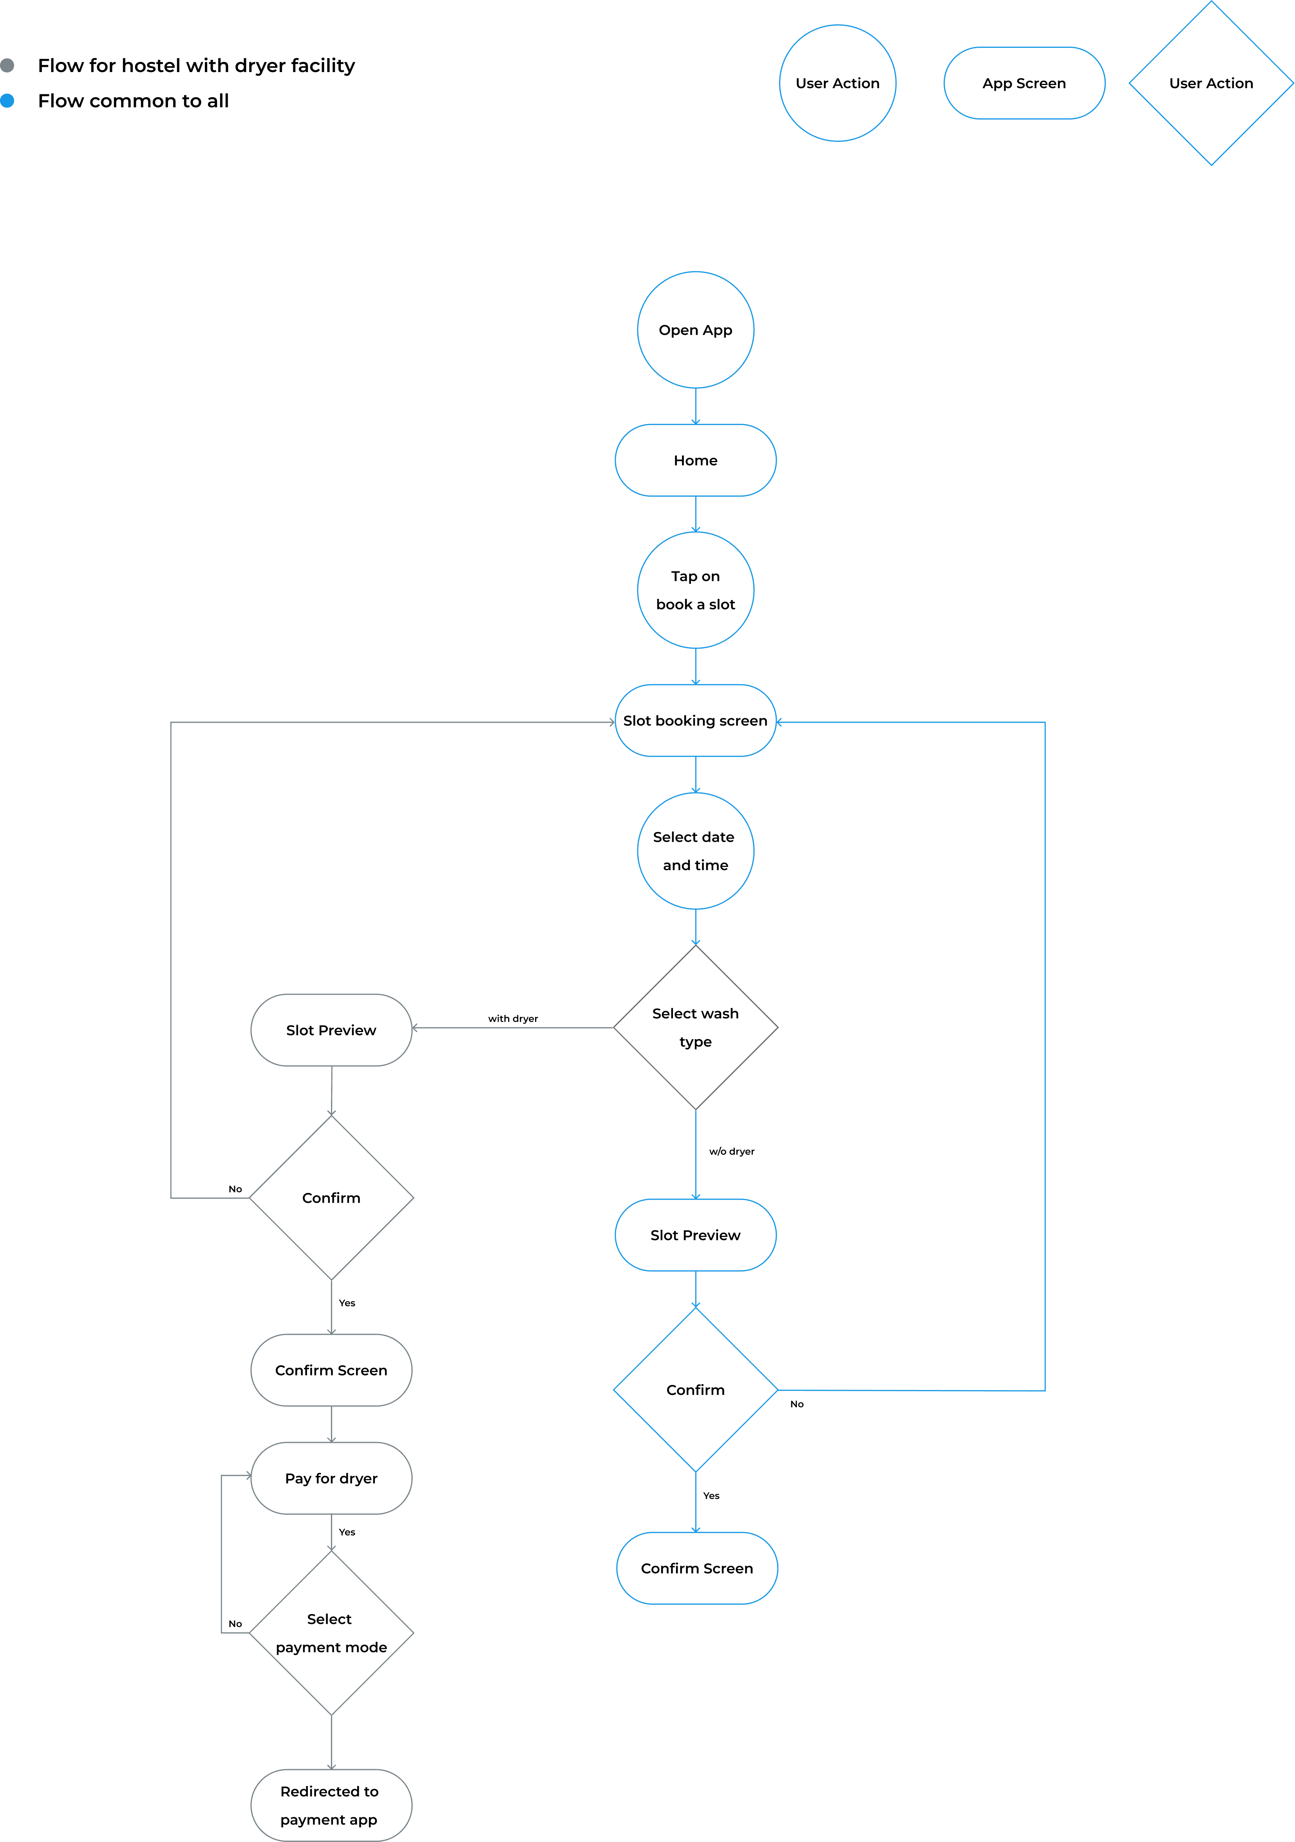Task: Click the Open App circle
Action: (x=695, y=330)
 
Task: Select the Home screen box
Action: (x=695, y=461)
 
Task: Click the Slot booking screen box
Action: (x=695, y=720)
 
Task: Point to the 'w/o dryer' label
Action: (x=731, y=1151)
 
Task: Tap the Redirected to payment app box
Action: (x=331, y=1805)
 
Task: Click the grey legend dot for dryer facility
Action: (x=7, y=65)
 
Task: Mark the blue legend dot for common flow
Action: (x=7, y=100)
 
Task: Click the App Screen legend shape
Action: (x=1024, y=83)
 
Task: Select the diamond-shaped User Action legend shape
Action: (x=1211, y=83)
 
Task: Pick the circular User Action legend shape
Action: (x=837, y=83)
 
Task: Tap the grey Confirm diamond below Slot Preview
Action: (x=331, y=1198)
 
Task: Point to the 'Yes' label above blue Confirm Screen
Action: (x=711, y=1495)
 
